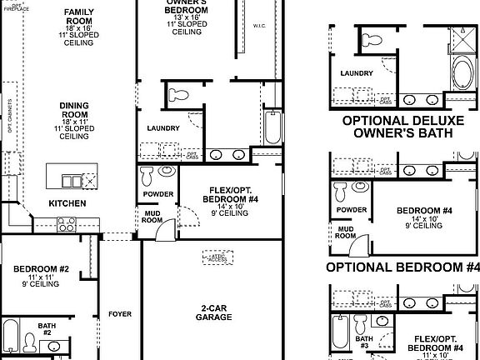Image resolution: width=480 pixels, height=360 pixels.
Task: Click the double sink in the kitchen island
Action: point(77,181)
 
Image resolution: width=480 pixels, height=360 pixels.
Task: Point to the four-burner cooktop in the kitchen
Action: point(67,223)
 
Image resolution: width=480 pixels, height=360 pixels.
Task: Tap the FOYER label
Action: point(120,314)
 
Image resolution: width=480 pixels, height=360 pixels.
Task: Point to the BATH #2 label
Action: point(46,328)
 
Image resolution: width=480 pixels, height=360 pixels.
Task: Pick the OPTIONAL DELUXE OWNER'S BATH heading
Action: point(400,126)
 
